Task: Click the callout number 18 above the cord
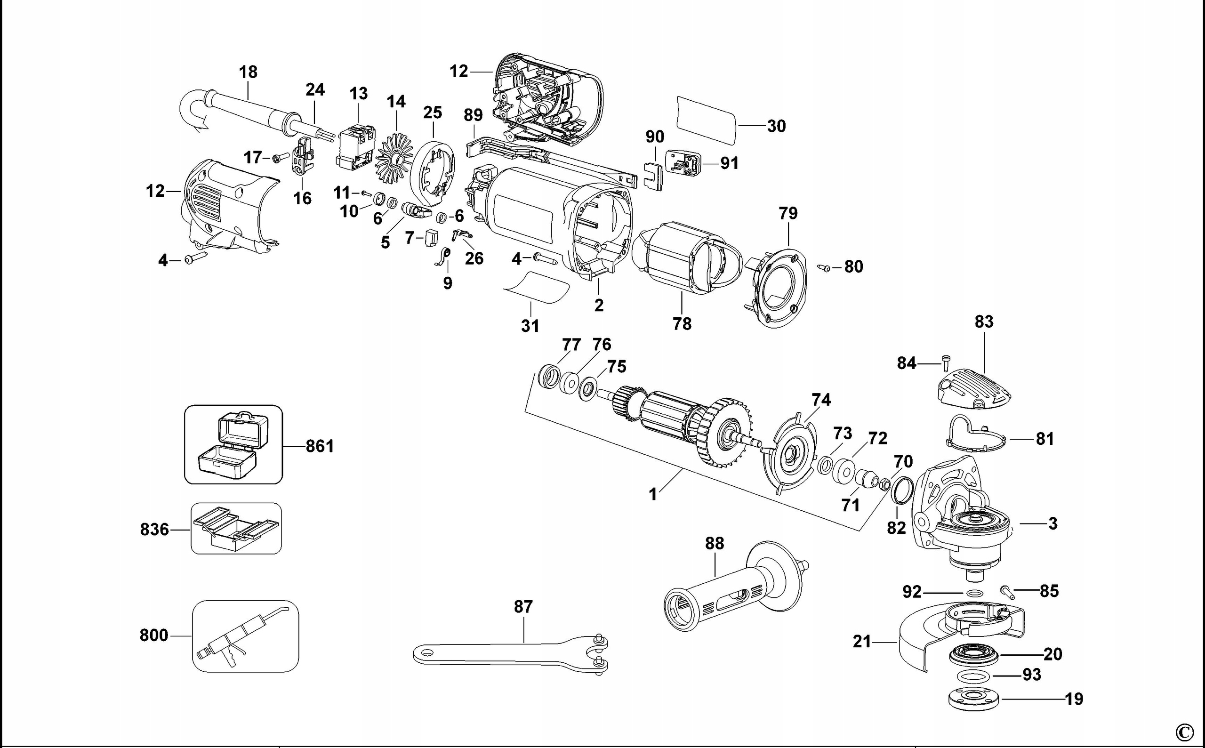[248, 72]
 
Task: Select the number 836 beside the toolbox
[154, 530]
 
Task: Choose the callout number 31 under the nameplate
[530, 326]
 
